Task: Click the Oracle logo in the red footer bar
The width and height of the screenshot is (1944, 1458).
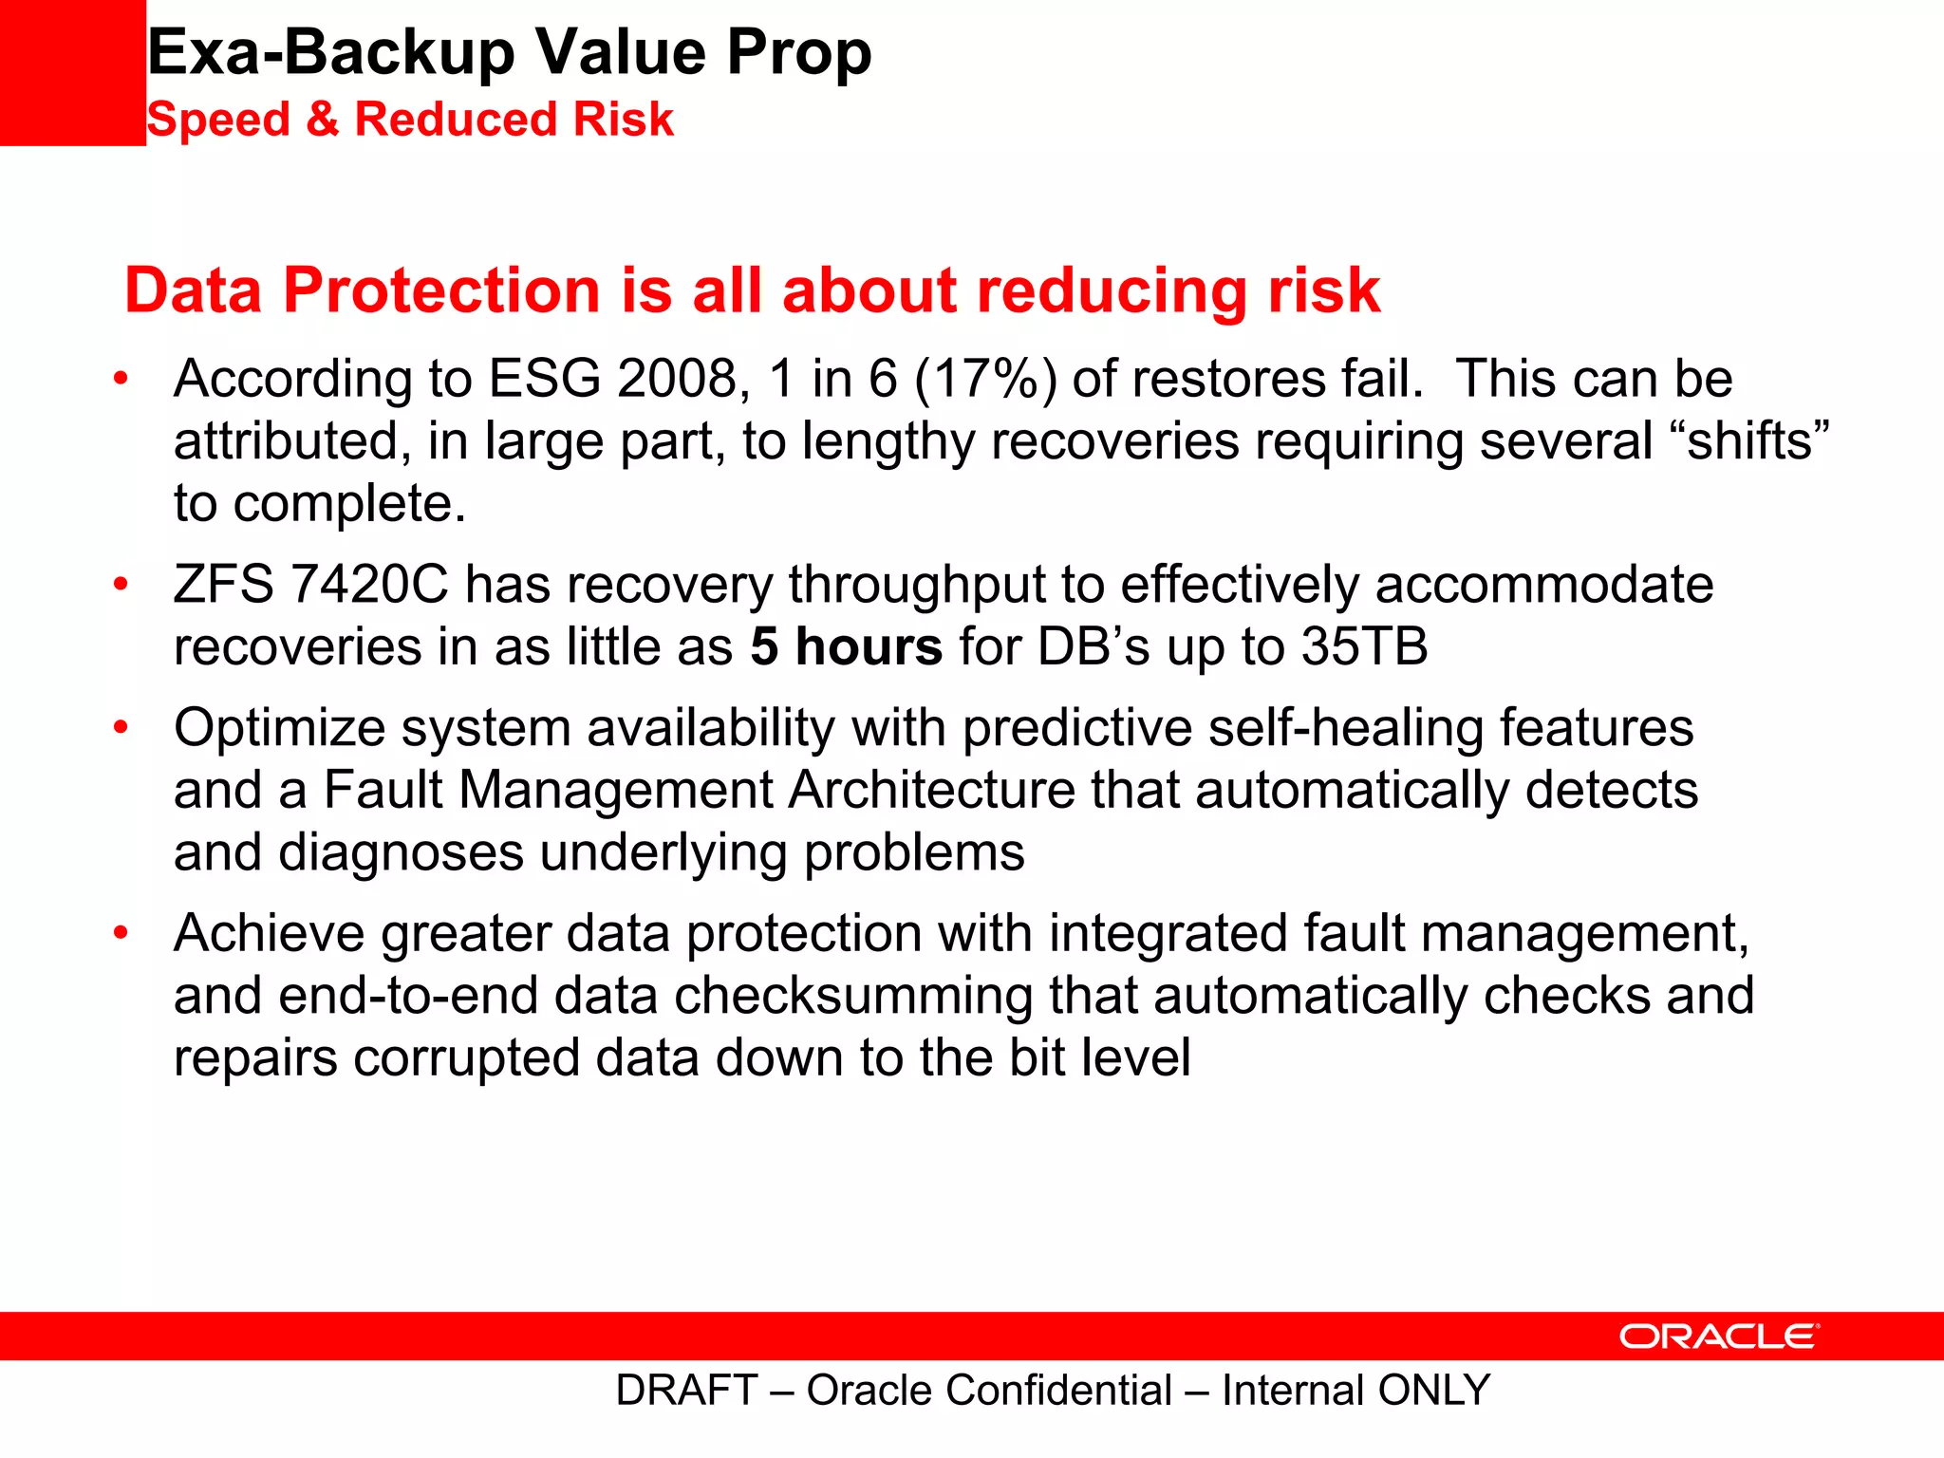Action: point(1719,1336)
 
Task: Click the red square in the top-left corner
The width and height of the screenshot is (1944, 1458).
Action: point(72,72)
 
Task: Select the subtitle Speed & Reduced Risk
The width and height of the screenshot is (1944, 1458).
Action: point(410,120)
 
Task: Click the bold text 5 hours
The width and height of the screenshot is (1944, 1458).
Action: point(846,647)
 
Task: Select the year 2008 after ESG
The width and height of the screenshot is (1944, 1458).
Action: point(677,379)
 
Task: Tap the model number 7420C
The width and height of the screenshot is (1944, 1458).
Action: point(368,585)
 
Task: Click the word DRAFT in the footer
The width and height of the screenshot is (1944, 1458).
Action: point(686,1391)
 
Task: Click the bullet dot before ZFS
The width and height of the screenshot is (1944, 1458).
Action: point(121,584)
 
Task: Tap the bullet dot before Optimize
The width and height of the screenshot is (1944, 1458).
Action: point(121,727)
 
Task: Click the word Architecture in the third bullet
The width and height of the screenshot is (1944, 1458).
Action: point(931,791)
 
